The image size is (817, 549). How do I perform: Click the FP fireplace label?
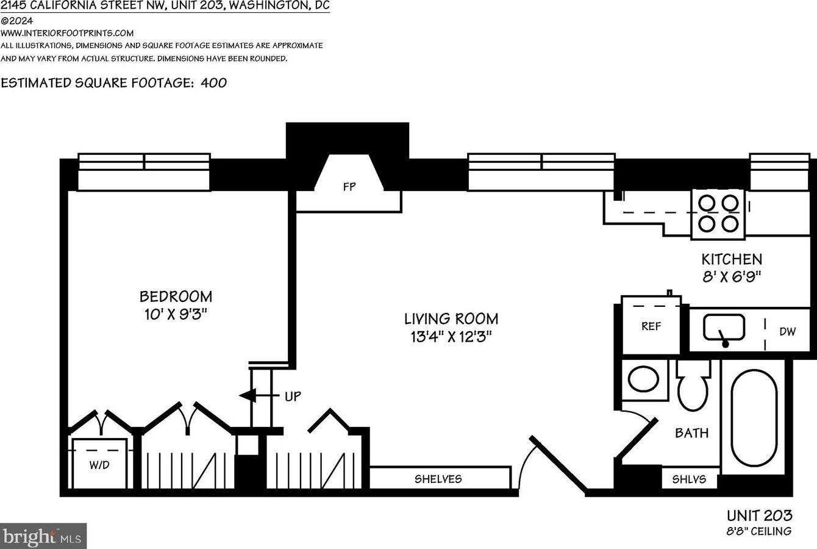[349, 187]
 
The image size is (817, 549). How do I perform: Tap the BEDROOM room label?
[176, 296]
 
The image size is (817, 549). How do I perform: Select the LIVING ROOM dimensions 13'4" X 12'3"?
[451, 337]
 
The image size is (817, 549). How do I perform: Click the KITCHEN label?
[732, 259]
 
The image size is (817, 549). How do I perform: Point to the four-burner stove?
[718, 214]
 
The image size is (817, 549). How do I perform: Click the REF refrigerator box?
[651, 325]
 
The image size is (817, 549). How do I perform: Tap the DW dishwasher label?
[788, 331]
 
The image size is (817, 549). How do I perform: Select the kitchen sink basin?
[724, 328]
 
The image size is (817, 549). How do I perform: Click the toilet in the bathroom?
[693, 386]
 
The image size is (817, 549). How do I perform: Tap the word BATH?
[692, 433]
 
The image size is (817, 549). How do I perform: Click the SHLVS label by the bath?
[689, 479]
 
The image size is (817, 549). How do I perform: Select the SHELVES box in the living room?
[440, 478]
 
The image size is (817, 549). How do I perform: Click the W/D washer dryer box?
[99, 463]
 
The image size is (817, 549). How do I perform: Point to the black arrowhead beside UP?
[248, 395]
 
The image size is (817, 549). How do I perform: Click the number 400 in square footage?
[214, 83]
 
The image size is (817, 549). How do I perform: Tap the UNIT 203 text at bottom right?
[759, 516]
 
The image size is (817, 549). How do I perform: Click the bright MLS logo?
[43, 536]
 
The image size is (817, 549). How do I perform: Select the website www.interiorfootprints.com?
[67, 33]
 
